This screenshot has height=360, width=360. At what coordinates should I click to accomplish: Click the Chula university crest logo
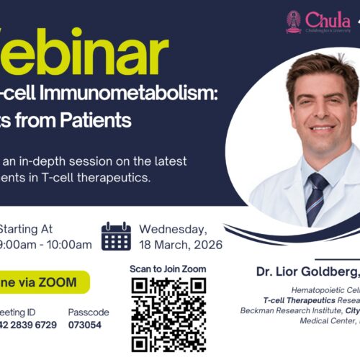tap(293, 22)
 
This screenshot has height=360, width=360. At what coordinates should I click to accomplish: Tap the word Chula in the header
tap(328, 19)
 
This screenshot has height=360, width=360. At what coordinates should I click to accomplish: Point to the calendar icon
tap(116, 236)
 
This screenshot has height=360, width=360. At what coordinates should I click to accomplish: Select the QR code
tap(168, 315)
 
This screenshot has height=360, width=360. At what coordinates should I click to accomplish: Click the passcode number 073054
tap(85, 325)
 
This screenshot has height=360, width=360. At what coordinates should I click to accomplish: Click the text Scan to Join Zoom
tap(168, 269)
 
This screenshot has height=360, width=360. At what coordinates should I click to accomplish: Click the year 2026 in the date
tap(207, 245)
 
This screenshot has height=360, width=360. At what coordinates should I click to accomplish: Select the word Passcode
tap(89, 312)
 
